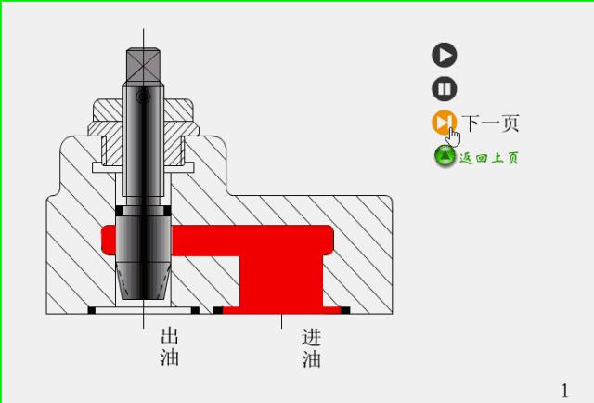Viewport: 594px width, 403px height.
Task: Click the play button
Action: [445, 55]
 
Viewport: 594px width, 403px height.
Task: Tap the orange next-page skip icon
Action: [443, 122]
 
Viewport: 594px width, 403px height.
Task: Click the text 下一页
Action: [491, 123]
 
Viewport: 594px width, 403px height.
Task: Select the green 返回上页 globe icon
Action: [445, 156]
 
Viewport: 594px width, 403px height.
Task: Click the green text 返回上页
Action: [489, 157]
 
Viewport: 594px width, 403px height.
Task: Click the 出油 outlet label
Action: [169, 346]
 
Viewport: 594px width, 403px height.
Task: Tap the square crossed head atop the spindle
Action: [143, 66]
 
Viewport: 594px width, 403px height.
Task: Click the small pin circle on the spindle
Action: [142, 97]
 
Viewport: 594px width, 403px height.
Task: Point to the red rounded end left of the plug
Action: [106, 239]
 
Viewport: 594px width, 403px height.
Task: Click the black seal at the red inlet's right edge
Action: [345, 310]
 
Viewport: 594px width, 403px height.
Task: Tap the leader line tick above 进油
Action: [281, 321]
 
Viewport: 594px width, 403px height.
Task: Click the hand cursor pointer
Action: [453, 136]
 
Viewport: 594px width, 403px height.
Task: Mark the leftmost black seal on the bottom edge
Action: [92, 310]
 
